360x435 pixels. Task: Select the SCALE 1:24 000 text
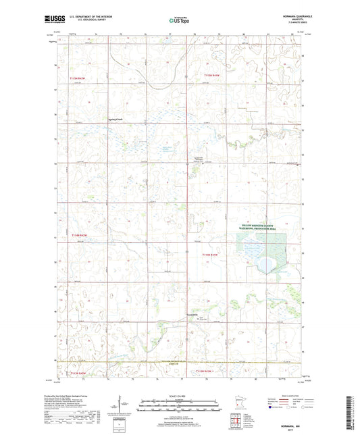pyautogui.click(x=180, y=395)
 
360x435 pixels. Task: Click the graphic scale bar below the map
pyautogui.click(x=180, y=407)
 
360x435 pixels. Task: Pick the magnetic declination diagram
pyautogui.click(x=123, y=405)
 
